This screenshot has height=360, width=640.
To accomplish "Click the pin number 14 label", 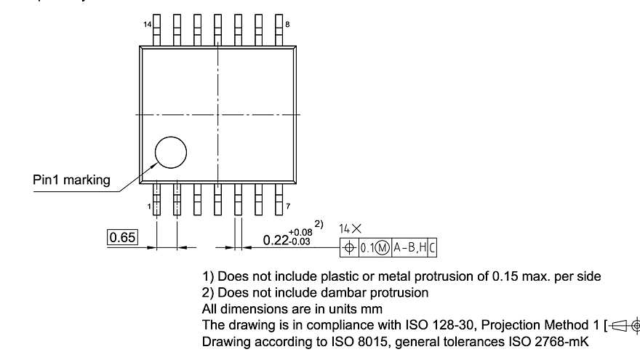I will (148, 25).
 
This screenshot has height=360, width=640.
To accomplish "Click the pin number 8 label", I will (287, 25).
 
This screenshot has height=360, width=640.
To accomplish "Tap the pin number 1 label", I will (149, 207).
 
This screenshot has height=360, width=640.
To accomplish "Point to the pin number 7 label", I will (287, 207).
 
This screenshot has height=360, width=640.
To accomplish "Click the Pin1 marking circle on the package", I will (171, 153).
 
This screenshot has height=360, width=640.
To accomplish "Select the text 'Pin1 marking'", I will (72, 180).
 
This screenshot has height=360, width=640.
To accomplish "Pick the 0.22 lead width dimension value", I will (275, 239).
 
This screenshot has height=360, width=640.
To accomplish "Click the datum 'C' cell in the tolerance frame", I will (432, 247).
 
